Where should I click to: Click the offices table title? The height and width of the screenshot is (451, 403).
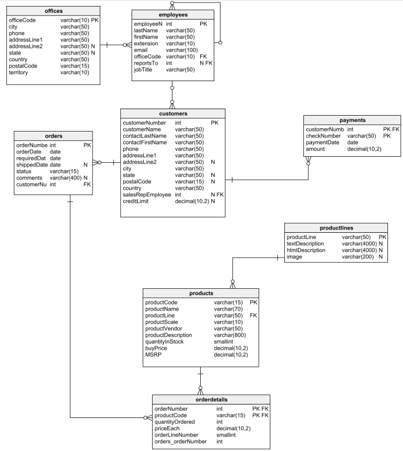click(54, 11)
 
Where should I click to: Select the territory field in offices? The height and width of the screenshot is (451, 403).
click(19, 73)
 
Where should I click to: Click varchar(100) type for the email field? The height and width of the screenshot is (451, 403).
click(182, 50)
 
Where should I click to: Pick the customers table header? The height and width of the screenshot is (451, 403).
click(172, 114)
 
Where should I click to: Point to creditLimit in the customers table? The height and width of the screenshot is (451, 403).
click(136, 201)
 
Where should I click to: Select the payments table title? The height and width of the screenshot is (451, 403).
click(352, 120)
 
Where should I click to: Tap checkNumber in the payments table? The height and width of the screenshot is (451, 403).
click(323, 136)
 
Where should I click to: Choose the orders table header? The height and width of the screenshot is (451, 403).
click(54, 136)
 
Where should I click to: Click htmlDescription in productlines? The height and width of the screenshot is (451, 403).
click(306, 250)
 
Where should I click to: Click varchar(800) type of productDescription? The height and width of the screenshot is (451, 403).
click(230, 335)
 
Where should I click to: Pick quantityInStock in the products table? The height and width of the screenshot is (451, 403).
click(164, 341)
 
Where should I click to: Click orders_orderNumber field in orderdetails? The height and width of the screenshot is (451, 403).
click(180, 441)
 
